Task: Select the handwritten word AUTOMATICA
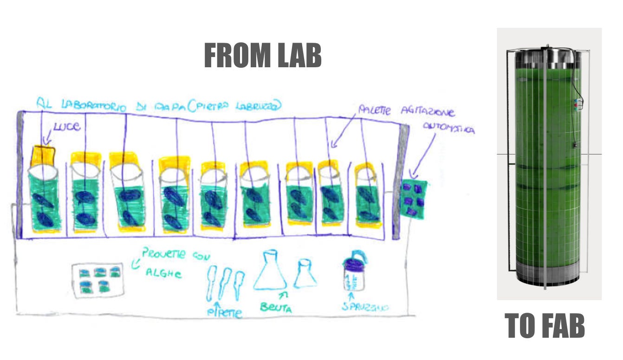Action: click(x=448, y=129)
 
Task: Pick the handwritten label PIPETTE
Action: click(x=225, y=312)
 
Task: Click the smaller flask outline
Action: click(x=305, y=274)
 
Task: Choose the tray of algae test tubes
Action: click(x=97, y=279)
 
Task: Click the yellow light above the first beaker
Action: click(x=43, y=156)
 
